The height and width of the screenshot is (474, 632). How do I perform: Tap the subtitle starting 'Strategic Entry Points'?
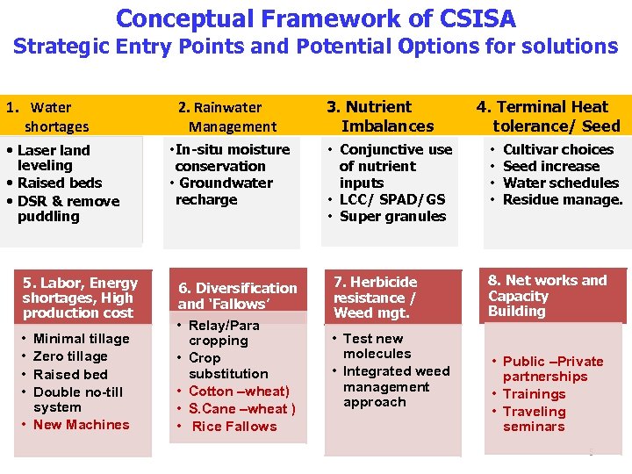[x=316, y=46]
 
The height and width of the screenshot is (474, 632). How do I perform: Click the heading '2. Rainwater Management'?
[x=226, y=117]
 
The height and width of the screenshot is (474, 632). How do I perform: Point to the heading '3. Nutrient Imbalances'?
[x=381, y=116]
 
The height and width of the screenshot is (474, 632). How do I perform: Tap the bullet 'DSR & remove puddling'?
[x=68, y=208]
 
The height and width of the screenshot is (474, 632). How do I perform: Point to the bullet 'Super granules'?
[x=391, y=216]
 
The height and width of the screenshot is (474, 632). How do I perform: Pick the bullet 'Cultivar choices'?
[x=557, y=149]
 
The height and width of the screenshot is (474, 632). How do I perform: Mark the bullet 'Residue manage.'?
[x=562, y=199]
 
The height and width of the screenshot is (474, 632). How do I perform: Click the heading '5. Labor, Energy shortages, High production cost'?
[x=80, y=298]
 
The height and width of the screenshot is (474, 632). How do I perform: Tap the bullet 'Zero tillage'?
[x=70, y=355]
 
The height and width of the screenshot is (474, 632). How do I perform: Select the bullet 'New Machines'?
[x=81, y=424]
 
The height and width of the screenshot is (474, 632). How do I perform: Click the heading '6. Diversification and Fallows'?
[x=237, y=296]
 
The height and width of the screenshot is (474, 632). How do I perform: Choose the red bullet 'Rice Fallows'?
[x=233, y=426]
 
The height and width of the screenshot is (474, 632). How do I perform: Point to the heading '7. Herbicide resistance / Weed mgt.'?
[x=375, y=297]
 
